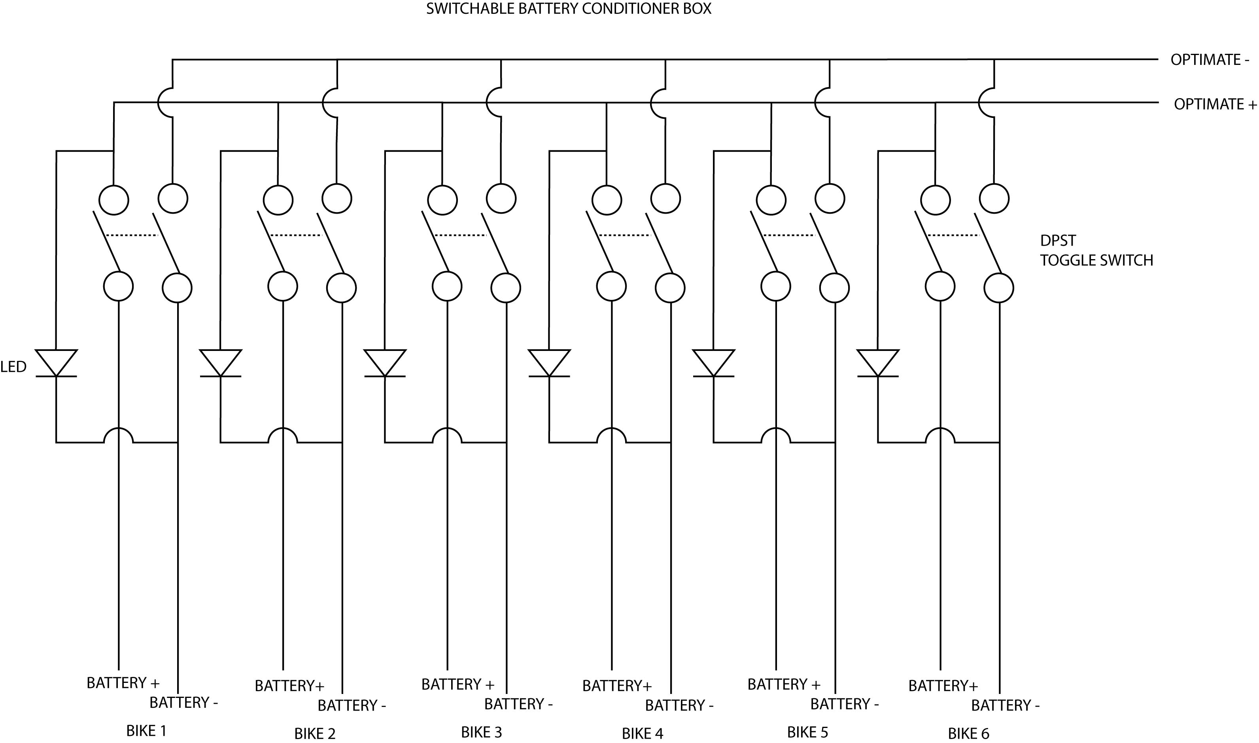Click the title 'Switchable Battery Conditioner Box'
(x=569, y=9)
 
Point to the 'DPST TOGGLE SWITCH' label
(x=1096, y=250)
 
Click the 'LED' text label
(x=13, y=367)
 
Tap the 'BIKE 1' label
(x=146, y=731)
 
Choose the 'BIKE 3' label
(x=481, y=732)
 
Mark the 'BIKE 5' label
(x=808, y=732)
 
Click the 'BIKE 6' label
(x=969, y=734)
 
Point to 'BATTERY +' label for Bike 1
(x=123, y=683)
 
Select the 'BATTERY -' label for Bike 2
(x=352, y=705)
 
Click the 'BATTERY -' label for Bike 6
(x=1005, y=705)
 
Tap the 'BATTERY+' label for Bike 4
(x=617, y=685)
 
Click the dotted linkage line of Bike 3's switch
(x=460, y=235)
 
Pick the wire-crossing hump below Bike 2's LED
(x=283, y=436)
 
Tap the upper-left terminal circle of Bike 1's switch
(x=114, y=200)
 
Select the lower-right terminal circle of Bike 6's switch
(x=999, y=288)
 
